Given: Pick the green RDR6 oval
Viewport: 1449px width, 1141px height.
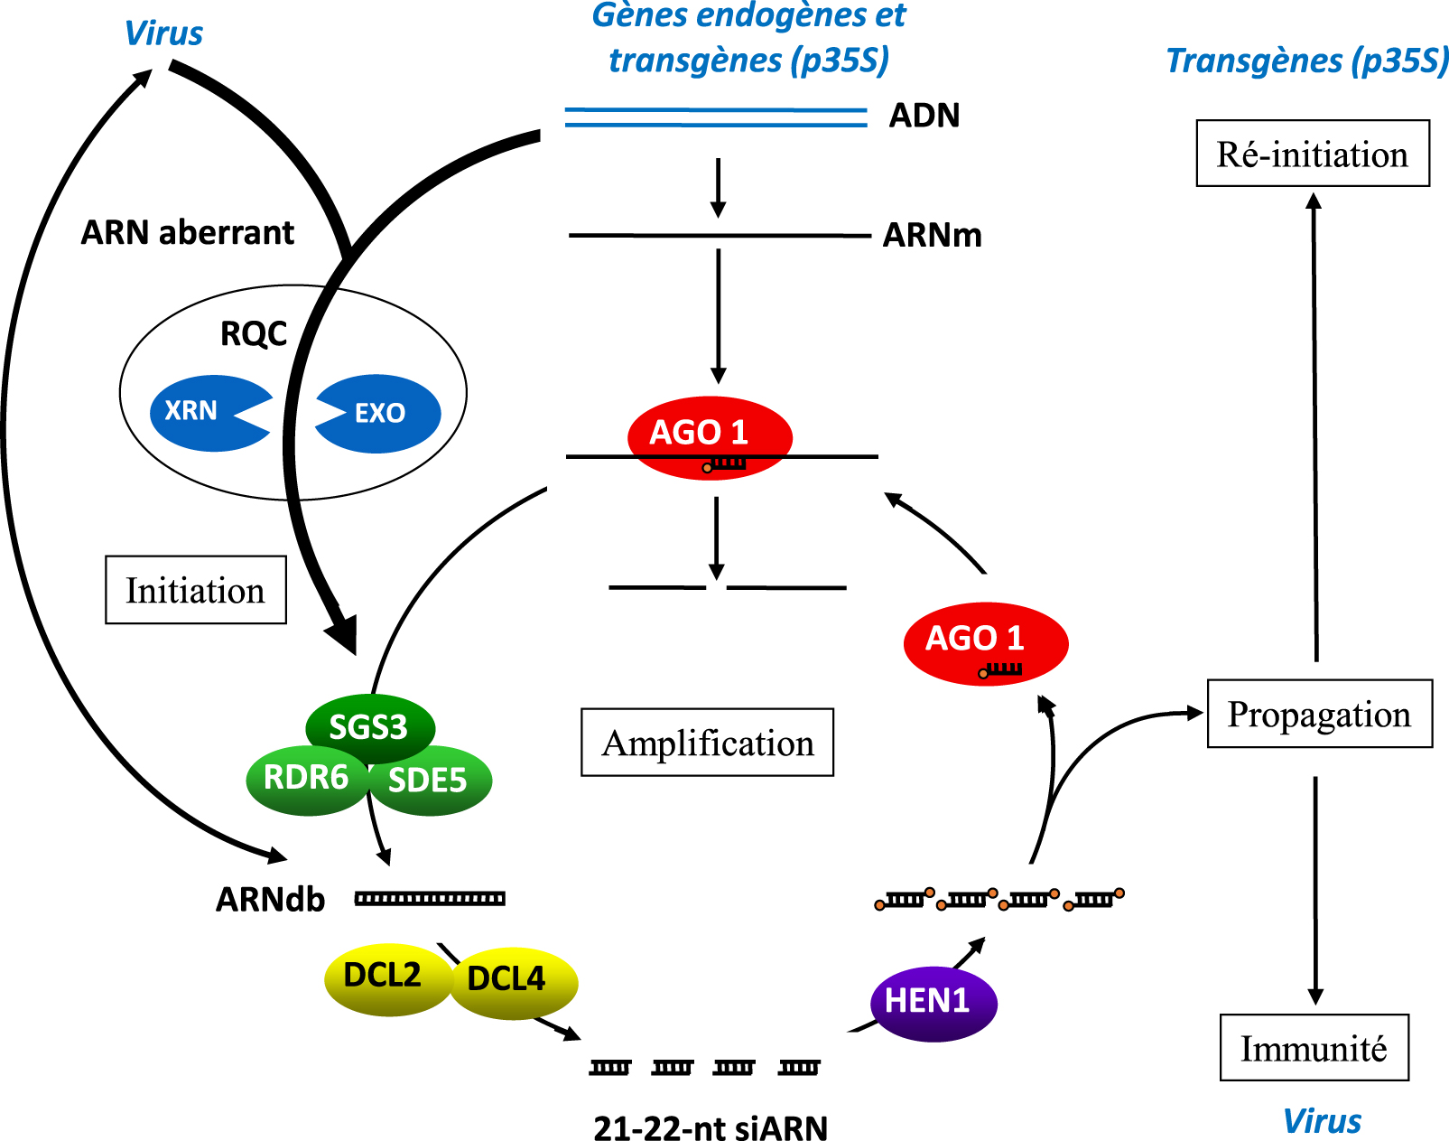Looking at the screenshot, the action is pyautogui.click(x=307, y=779).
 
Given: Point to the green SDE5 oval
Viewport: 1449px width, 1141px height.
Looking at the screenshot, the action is pyautogui.click(x=430, y=781).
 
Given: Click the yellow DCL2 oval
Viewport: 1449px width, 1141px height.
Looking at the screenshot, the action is pyautogui.click(x=388, y=978).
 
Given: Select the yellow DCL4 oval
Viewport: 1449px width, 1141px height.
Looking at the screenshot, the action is pyautogui.click(x=514, y=983).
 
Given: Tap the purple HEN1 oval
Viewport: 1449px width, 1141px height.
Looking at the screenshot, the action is pyautogui.click(x=933, y=1004).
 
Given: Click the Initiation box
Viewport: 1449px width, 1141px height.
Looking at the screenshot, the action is pyautogui.click(x=196, y=590).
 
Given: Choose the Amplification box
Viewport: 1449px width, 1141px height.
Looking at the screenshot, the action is pyautogui.click(x=708, y=742).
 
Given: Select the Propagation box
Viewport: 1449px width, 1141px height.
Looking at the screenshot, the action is pyautogui.click(x=1320, y=713).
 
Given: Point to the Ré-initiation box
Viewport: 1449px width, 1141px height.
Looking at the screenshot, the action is pyautogui.click(x=1313, y=153).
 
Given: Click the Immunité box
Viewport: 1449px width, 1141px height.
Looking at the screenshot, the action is pyautogui.click(x=1314, y=1047).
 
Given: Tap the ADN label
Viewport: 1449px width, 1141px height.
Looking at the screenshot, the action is pyautogui.click(x=924, y=116).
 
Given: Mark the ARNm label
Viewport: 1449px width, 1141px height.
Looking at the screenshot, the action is pyautogui.click(x=932, y=235).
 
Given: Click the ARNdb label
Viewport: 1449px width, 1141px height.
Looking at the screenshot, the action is pyautogui.click(x=270, y=899).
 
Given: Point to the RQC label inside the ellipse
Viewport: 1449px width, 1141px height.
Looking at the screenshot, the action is pyautogui.click(x=254, y=333).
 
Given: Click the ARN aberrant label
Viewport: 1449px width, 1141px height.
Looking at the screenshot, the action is pyautogui.click(x=187, y=232).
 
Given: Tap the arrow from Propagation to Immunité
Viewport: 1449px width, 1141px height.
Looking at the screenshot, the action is pyautogui.click(x=1315, y=890).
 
